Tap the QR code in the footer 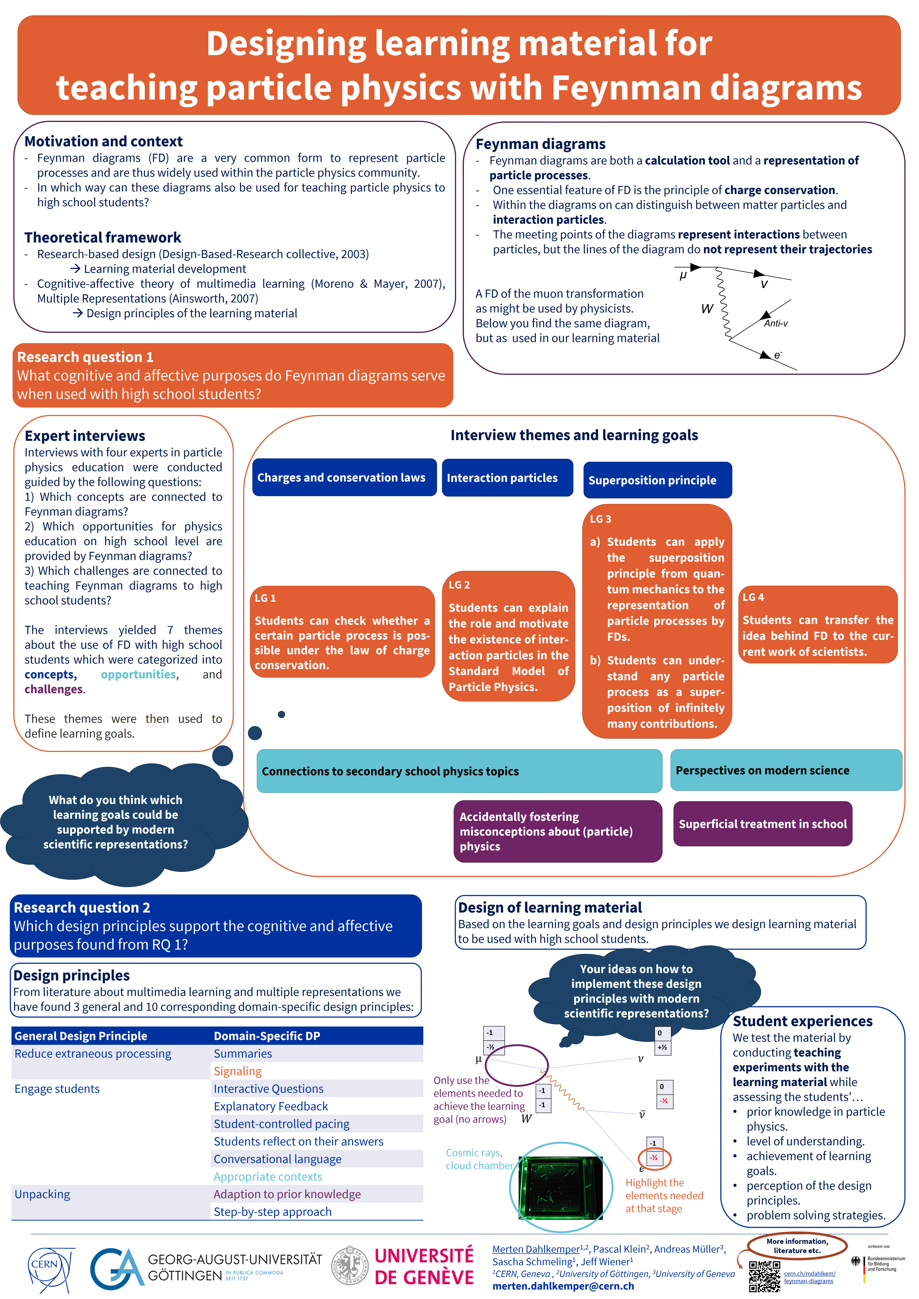tap(765, 1276)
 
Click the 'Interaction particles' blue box tap(507, 477)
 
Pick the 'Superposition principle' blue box tap(658, 480)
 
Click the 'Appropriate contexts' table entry tap(268, 1176)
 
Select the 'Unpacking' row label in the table tap(42, 1194)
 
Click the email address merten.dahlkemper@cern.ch tap(563, 1286)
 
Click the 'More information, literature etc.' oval tap(797, 1245)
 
